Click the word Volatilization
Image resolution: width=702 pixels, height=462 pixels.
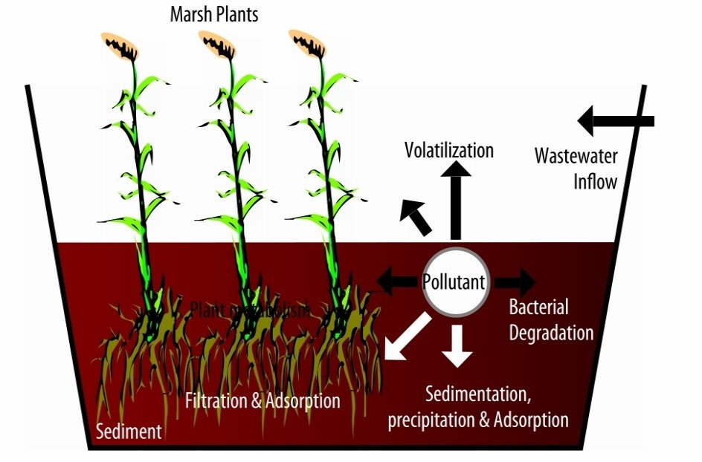click(x=449, y=150)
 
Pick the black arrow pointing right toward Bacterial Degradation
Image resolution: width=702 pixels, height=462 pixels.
click(x=515, y=282)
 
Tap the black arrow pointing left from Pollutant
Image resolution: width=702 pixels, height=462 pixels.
click(x=396, y=282)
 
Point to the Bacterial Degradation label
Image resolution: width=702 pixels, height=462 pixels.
click(x=551, y=319)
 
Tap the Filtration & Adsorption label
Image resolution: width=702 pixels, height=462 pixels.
click(x=263, y=401)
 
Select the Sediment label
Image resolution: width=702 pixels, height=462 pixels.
click(x=129, y=432)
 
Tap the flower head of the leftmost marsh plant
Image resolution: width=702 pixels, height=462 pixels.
click(x=119, y=46)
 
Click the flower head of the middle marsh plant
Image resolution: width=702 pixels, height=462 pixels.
click(x=219, y=46)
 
